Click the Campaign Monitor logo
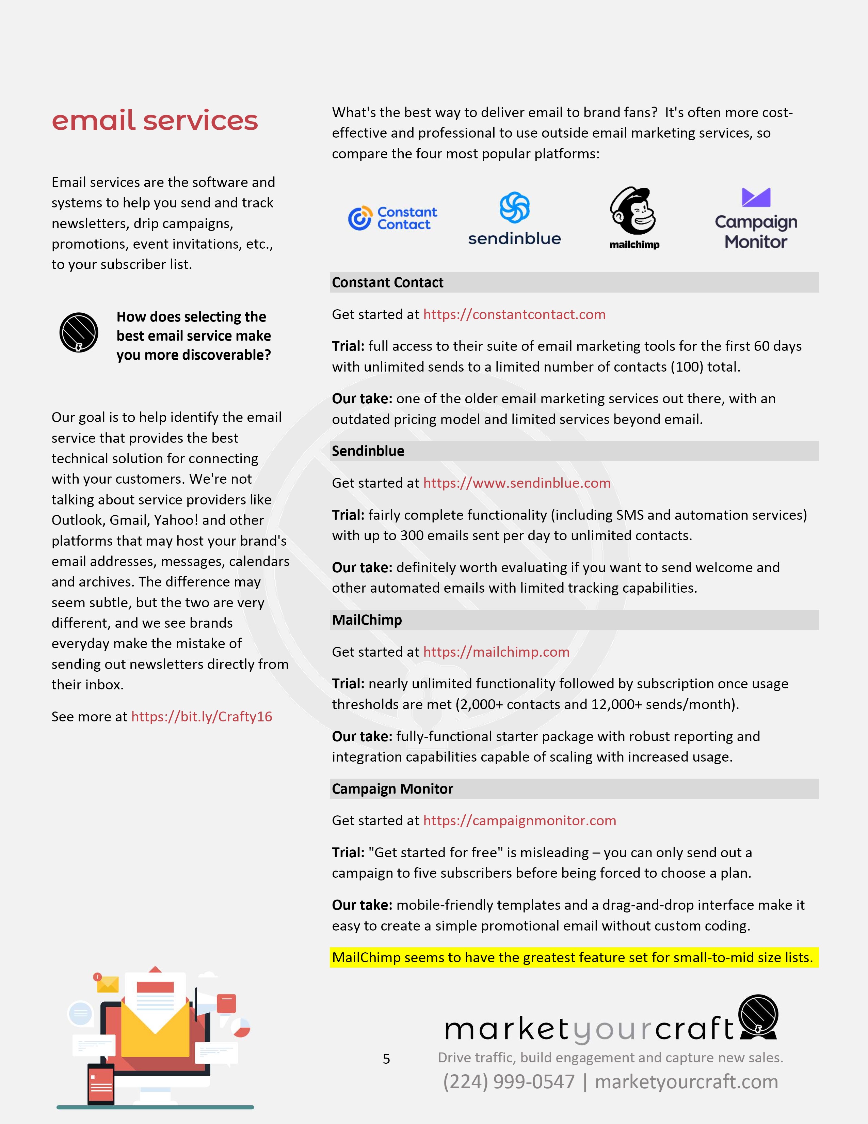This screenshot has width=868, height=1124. (755, 220)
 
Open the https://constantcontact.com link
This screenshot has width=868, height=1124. (514, 314)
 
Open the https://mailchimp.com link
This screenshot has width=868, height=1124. (496, 652)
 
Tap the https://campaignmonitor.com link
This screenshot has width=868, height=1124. (519, 821)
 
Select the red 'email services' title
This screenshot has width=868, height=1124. (154, 121)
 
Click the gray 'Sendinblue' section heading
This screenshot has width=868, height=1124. (368, 451)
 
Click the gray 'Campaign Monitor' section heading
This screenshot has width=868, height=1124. (392, 789)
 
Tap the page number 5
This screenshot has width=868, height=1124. (386, 1059)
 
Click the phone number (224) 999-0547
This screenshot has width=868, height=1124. (509, 1082)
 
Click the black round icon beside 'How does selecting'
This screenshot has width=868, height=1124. (79, 332)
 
